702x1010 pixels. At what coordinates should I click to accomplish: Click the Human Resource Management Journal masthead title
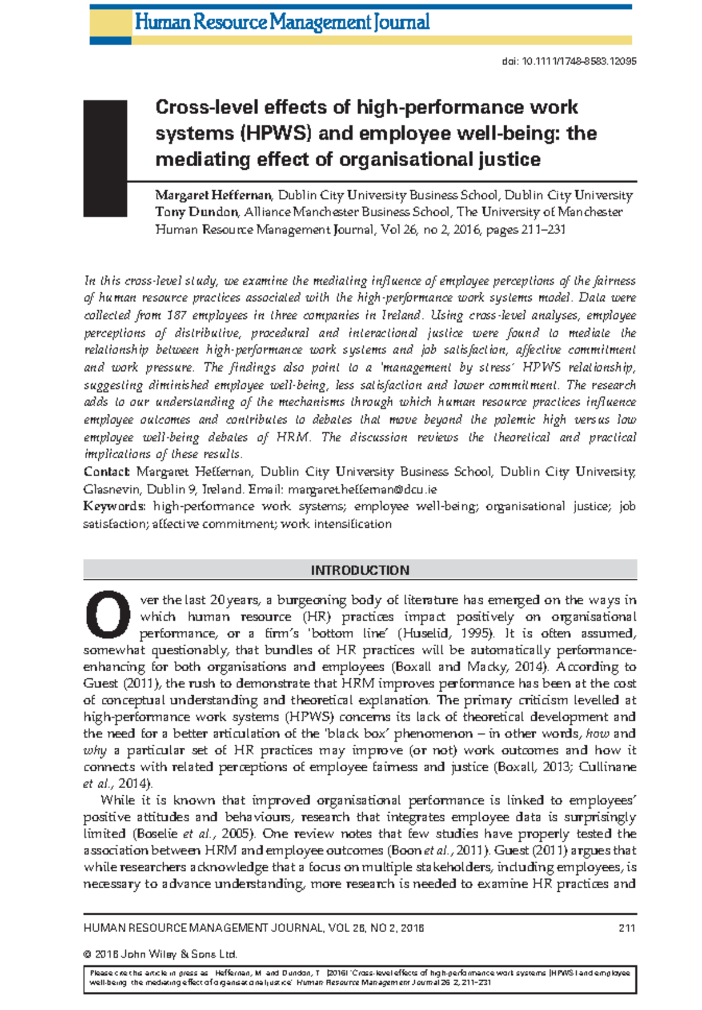click(x=282, y=23)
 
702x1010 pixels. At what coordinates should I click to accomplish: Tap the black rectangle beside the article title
click(x=105, y=159)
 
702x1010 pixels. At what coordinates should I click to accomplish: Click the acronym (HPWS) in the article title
click(x=274, y=133)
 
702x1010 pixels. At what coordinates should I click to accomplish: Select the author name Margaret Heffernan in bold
click(x=214, y=195)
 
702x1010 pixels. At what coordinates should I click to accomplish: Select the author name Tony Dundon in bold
click(x=197, y=212)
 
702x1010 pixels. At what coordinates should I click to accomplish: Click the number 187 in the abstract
click(x=177, y=315)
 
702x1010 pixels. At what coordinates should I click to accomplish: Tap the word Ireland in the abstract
click(x=401, y=315)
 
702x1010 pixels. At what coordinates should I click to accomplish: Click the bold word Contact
click(x=106, y=472)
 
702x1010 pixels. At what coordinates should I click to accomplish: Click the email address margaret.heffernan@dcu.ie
click(x=362, y=489)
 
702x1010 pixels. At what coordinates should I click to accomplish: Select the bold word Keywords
click(x=113, y=506)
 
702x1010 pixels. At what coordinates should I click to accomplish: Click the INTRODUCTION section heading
click(x=360, y=570)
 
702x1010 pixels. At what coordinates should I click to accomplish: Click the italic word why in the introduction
click(x=95, y=750)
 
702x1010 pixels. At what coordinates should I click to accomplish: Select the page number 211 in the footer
click(x=627, y=928)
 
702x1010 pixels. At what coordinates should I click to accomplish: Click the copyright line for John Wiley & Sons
click(x=160, y=954)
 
